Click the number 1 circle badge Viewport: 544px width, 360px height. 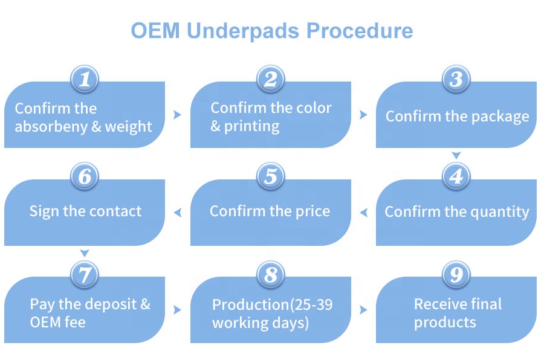[x=85, y=79]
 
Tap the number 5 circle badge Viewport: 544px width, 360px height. [x=271, y=177]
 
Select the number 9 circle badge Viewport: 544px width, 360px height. [x=457, y=275]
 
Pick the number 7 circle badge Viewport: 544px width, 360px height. [x=85, y=275]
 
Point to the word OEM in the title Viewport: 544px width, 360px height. [x=155, y=31]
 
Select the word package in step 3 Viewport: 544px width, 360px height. [x=495, y=117]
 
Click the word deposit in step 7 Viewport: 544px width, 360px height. [x=104, y=304]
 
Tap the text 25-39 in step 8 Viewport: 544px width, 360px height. [x=307, y=304]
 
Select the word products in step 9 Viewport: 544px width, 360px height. [x=445, y=322]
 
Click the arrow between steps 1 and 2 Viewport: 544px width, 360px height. [x=177, y=115]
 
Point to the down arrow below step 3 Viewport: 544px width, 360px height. [x=457, y=156]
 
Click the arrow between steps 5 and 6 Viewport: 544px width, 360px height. [x=177, y=212]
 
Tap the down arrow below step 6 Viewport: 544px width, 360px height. [x=85, y=253]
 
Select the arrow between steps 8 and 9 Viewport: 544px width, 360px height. [x=363, y=310]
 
